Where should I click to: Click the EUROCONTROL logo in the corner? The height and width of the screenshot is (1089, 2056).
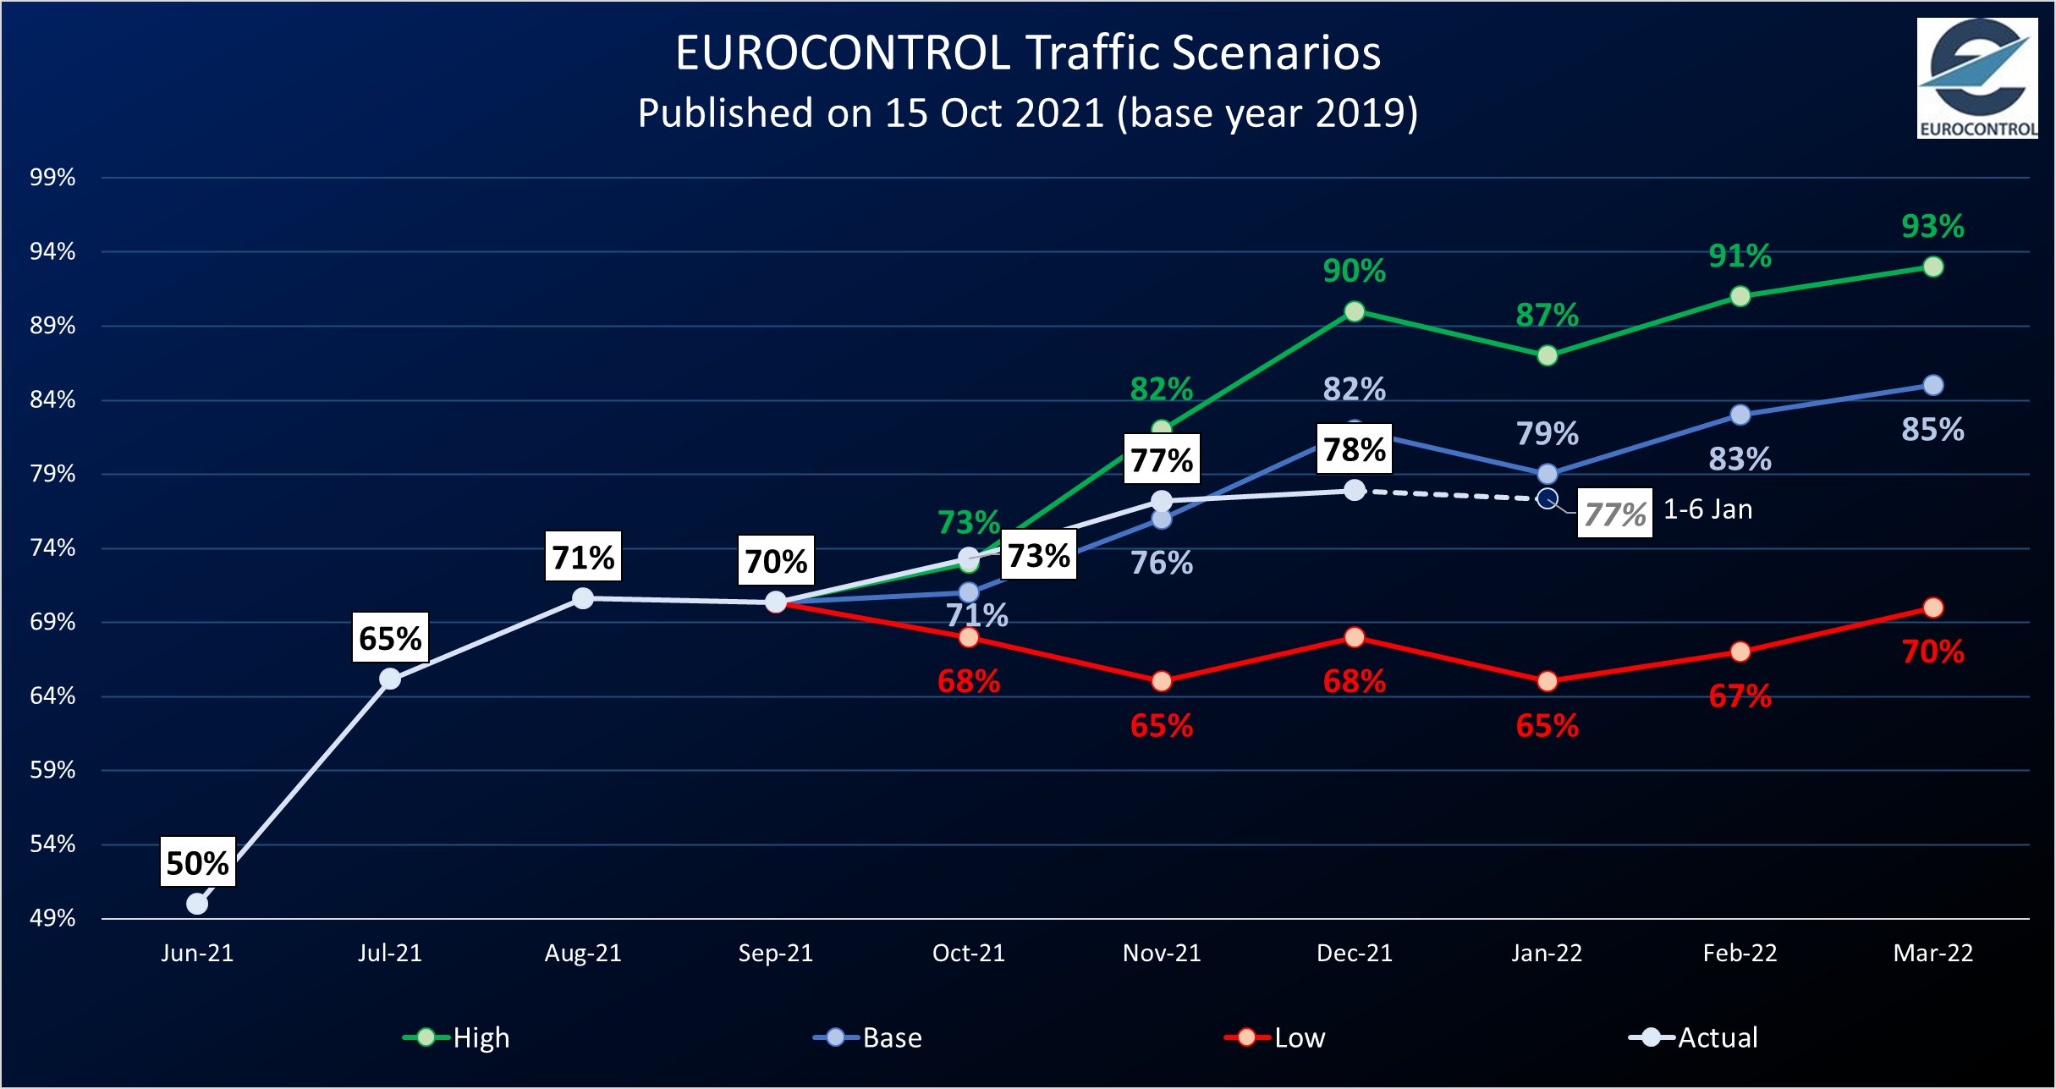coord(1976,78)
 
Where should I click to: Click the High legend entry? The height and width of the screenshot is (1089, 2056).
coord(457,1037)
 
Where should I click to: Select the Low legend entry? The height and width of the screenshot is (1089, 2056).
coord(1276,1037)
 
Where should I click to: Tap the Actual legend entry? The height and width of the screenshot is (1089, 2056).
coord(1694,1037)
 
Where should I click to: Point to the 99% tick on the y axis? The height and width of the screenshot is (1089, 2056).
coord(52,178)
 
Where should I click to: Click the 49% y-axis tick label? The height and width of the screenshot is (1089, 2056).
coord(52,918)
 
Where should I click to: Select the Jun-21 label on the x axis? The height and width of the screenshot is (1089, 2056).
coord(197,954)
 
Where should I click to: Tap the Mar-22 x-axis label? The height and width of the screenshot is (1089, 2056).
coord(1932,954)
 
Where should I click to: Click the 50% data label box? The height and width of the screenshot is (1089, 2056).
coord(197,862)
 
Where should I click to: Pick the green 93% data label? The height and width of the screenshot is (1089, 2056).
coord(1932,226)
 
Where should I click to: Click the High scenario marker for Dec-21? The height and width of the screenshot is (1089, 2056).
coord(1354,311)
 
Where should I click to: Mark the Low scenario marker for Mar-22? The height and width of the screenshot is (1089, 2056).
coord(1932,608)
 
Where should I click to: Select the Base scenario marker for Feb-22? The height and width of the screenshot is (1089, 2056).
coord(1740,415)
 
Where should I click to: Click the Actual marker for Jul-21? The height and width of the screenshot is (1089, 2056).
coord(390,679)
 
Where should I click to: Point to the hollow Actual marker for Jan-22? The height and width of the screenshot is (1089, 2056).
coord(1547,499)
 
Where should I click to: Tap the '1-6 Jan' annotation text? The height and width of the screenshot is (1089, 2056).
coord(1707,509)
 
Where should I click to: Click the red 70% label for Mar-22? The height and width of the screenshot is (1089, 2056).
coord(1932,652)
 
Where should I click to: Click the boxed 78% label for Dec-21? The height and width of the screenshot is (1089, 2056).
coord(1354,449)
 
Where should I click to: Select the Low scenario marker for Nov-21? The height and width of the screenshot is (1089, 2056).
coord(1162,681)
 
